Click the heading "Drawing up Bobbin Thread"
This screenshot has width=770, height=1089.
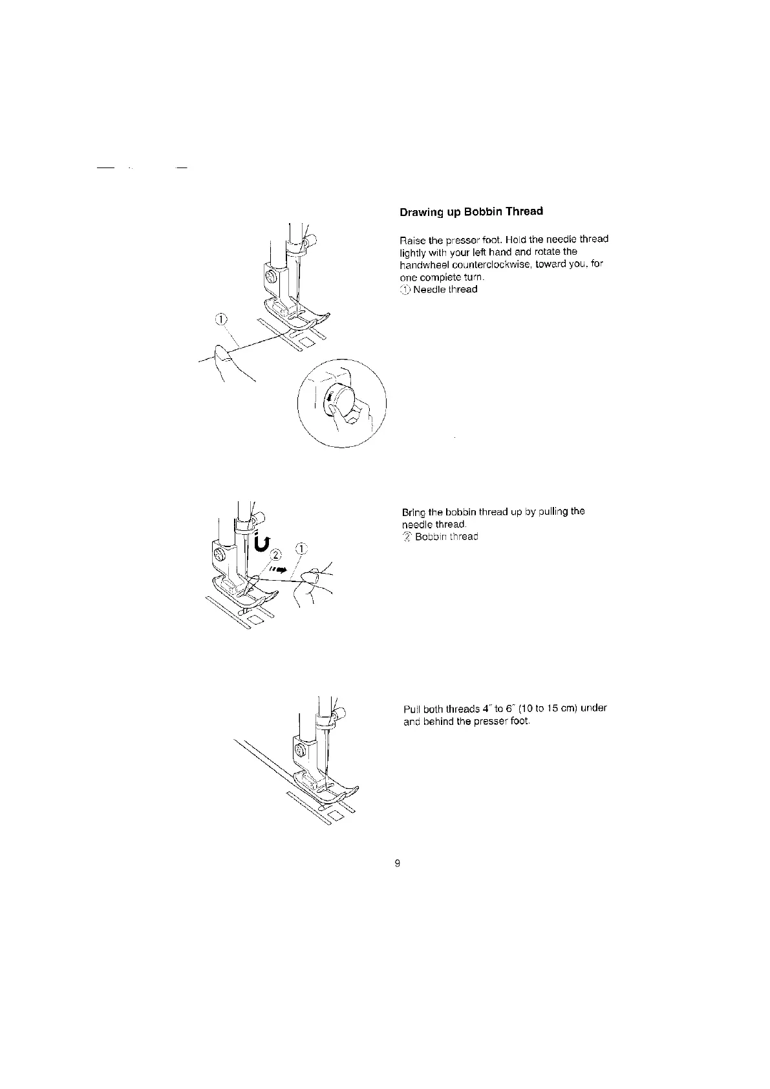click(471, 211)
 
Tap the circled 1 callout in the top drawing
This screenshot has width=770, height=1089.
click(221, 319)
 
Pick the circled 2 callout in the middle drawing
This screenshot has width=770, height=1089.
click(276, 554)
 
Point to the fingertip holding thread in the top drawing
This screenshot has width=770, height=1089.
click(220, 353)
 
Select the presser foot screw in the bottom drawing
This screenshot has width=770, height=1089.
click(300, 750)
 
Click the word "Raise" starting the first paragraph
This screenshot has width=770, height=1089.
click(412, 239)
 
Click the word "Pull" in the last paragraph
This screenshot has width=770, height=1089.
click(411, 708)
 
